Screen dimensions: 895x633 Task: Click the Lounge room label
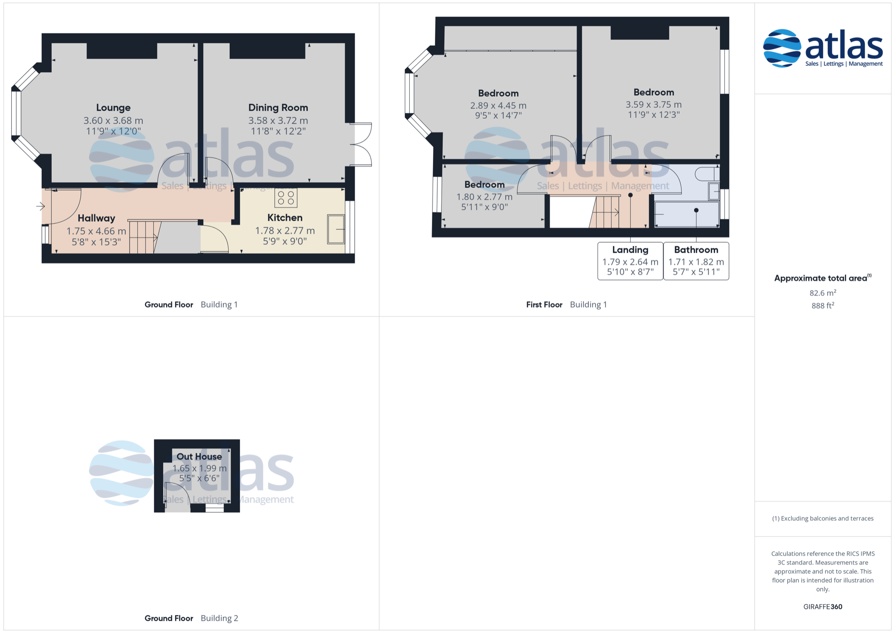click(113, 108)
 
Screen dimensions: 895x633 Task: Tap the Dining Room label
click(278, 108)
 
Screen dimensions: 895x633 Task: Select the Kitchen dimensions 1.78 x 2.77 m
click(285, 230)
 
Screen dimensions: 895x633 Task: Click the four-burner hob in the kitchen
click(286, 198)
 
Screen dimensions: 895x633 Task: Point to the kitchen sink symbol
click(336, 229)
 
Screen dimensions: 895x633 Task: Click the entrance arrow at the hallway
click(41, 206)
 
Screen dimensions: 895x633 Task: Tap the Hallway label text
click(96, 218)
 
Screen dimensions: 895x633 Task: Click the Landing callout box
click(630, 261)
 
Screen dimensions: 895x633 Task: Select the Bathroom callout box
click(696, 261)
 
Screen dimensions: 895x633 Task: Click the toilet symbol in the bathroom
click(707, 174)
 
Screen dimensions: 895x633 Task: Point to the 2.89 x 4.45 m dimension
click(498, 106)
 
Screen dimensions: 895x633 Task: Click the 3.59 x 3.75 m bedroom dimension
click(654, 105)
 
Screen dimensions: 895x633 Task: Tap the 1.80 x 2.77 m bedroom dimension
click(484, 197)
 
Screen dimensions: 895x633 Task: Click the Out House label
click(199, 457)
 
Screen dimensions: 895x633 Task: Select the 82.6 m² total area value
click(823, 293)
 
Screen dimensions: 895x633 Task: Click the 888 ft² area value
click(823, 305)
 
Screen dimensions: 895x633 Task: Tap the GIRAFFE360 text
click(823, 606)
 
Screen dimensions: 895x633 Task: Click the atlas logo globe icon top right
click(782, 48)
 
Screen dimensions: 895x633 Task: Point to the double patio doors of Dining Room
click(361, 144)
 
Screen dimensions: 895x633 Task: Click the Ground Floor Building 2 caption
click(191, 618)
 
